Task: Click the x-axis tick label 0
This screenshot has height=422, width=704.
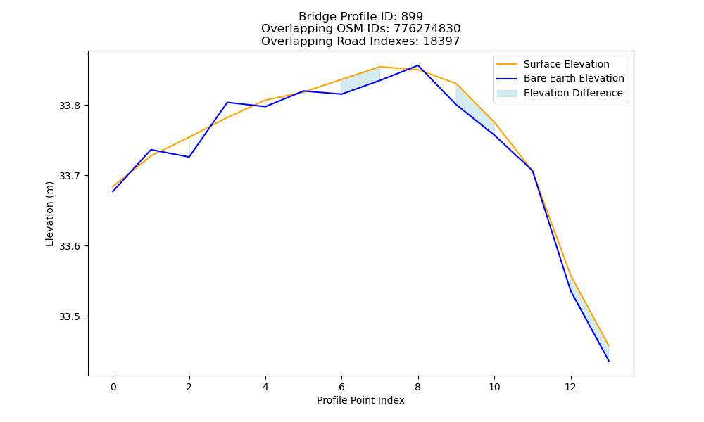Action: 113,387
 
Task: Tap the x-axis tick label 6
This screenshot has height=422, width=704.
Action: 341,387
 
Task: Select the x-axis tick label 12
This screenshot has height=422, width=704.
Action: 570,387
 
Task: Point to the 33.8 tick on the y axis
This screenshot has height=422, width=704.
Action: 69,105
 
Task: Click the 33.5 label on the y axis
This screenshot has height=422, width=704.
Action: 69,316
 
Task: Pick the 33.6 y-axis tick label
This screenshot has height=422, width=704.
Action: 69,246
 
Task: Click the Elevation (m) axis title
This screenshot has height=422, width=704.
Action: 49,214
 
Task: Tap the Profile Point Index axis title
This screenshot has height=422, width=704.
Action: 360,400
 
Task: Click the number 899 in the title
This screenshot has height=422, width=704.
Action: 412,17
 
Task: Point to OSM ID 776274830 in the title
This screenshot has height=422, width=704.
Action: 427,29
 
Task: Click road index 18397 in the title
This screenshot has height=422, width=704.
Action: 441,41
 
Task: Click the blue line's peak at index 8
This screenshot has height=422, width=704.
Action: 418,65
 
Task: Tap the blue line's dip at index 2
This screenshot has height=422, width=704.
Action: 189,157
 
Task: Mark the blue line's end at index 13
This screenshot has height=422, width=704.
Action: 609,361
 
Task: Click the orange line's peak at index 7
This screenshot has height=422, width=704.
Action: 380,67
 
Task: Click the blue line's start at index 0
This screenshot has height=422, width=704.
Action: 113,191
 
